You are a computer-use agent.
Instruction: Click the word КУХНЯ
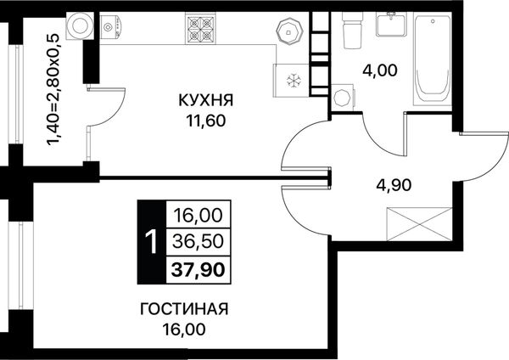click(x=206, y=100)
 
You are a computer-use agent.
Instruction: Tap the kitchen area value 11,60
click(x=206, y=121)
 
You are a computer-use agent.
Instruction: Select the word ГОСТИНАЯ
click(x=184, y=309)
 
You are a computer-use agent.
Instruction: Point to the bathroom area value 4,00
click(x=380, y=70)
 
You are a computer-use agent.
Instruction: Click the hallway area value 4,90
click(x=394, y=185)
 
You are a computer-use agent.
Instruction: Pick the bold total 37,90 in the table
click(x=198, y=270)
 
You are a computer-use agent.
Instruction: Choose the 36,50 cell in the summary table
click(x=198, y=241)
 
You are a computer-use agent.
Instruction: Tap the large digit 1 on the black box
click(x=151, y=242)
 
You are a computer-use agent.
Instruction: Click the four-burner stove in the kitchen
click(x=200, y=28)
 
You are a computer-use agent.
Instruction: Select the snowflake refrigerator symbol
click(x=294, y=81)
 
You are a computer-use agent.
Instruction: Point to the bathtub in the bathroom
click(x=433, y=59)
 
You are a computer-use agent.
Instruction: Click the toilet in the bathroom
click(x=353, y=31)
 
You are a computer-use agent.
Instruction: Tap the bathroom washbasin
click(x=391, y=24)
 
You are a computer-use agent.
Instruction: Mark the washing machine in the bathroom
click(x=343, y=97)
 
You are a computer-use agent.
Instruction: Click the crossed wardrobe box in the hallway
click(x=420, y=224)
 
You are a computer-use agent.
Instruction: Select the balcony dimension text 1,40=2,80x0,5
click(x=54, y=90)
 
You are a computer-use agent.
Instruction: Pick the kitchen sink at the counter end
click(x=110, y=27)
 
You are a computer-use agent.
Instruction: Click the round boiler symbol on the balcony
click(x=80, y=26)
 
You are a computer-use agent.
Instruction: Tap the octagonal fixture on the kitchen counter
click(x=289, y=31)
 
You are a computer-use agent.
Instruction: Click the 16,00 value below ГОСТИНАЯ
click(x=184, y=329)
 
